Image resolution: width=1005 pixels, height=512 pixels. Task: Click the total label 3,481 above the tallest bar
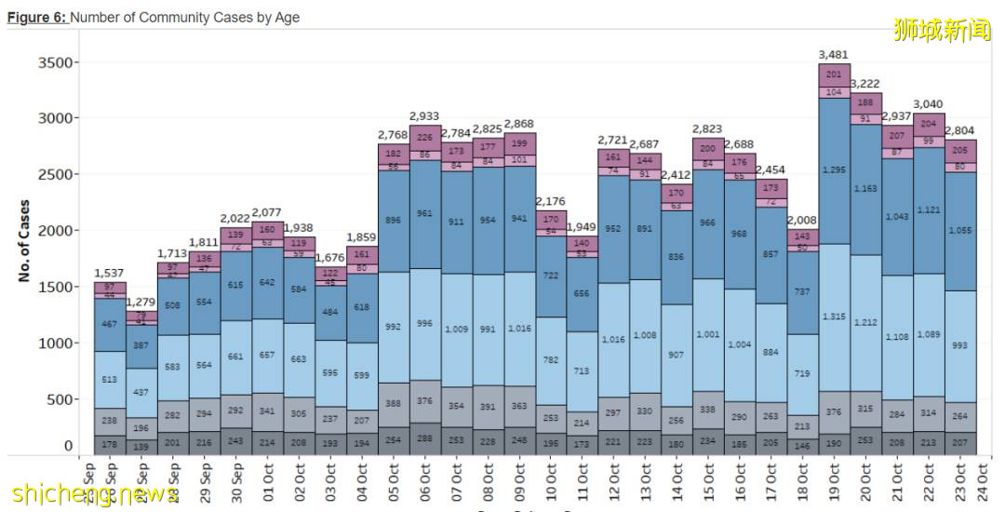[834, 55]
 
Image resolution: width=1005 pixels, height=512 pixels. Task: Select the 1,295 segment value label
[834, 169]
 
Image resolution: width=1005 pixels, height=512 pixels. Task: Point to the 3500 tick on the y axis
[55, 62]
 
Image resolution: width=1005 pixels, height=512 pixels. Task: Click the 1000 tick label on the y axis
[55, 343]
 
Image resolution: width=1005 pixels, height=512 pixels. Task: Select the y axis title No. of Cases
[24, 240]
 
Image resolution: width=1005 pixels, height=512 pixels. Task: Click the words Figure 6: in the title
[37, 18]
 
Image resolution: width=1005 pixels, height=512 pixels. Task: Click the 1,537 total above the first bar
[109, 273]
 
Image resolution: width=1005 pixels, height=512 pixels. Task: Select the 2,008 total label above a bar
[802, 220]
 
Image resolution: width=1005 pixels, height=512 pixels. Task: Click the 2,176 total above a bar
[550, 201]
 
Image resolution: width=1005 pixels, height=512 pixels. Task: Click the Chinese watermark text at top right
[942, 31]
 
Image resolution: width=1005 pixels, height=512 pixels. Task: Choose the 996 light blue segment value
[423, 323]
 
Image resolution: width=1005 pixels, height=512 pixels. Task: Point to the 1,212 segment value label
[865, 322]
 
